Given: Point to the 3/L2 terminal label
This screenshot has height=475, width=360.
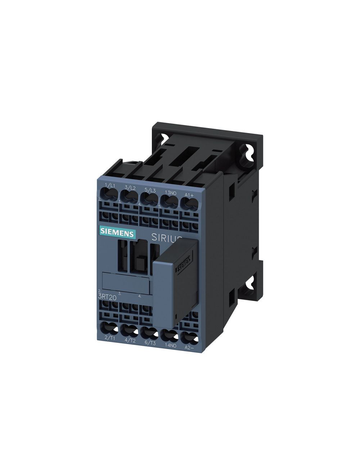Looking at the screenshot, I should (130, 187).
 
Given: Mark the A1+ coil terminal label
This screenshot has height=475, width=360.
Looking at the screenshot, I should (189, 195).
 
